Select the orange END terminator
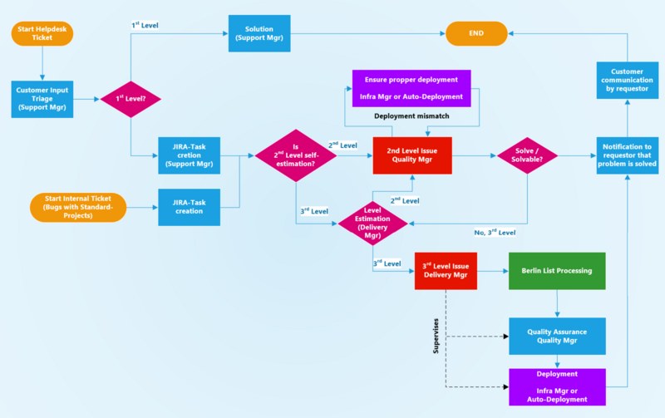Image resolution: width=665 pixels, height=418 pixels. tap(476, 33)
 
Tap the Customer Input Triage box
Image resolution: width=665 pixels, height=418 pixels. tap(42, 99)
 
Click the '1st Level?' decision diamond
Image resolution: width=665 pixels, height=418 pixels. tap(131, 99)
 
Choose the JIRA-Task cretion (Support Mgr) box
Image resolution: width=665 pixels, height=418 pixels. tap(190, 155)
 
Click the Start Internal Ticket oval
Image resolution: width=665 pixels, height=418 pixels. tap(78, 207)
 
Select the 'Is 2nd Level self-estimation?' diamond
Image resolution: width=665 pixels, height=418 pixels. tap(296, 155)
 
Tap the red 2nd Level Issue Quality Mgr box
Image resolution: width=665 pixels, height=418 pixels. tap(411, 155)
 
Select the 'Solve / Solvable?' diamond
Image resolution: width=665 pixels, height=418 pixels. tap(526, 155)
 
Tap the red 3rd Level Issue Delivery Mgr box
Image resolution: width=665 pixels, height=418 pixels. tap(446, 269)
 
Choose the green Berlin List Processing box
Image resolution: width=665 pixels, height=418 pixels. tap(557, 269)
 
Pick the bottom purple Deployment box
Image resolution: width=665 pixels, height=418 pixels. tap(557, 386)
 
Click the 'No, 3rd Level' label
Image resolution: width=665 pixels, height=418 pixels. tap(494, 232)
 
